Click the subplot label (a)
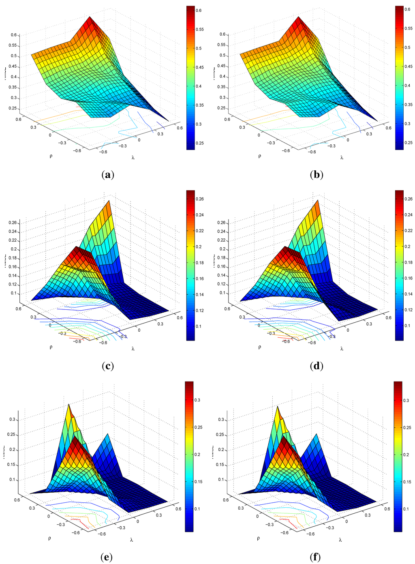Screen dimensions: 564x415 point(107,175)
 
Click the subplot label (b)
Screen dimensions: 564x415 point(316,175)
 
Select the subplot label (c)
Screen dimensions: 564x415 point(107,366)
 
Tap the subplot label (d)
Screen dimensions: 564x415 point(316,366)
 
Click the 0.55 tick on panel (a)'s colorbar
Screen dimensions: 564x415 point(200,30)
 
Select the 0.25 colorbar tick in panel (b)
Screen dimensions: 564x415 point(409,143)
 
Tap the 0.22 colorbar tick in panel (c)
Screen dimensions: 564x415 point(200,231)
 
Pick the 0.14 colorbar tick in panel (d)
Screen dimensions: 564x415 point(409,294)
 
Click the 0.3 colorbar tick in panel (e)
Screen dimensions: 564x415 point(197,400)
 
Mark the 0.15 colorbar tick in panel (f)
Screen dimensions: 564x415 point(407,481)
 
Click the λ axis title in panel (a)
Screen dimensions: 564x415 point(133,157)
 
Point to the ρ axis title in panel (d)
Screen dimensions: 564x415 point(260,347)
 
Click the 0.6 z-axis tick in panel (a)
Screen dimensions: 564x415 point(13,35)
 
